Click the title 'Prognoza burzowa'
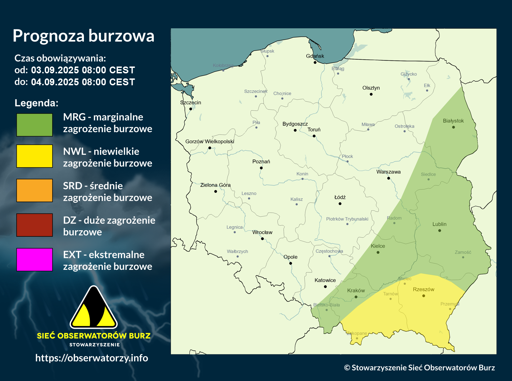click(84, 36)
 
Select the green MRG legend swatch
click(34, 125)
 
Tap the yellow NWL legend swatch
click(34, 156)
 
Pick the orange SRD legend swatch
click(34, 191)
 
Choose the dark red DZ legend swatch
click(34, 225)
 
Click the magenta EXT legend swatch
click(34, 260)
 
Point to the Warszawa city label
click(388, 172)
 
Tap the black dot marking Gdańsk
click(315, 62)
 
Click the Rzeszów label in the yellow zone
click(423, 290)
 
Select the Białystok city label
click(453, 121)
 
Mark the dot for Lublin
click(440, 231)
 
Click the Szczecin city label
click(190, 103)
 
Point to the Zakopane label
click(357, 333)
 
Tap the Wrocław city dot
click(262, 239)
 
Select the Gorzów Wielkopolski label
click(210, 142)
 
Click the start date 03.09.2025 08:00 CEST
click(83, 70)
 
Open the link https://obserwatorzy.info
click(91, 358)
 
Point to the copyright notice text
click(419, 368)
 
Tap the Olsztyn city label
click(371, 88)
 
